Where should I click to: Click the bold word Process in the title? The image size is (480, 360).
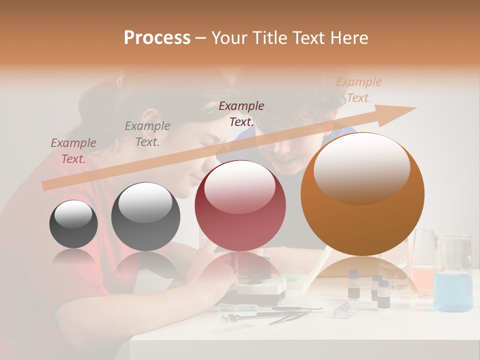[x=157, y=38]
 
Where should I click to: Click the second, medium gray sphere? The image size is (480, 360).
[x=145, y=217]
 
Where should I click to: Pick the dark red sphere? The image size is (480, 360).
[x=240, y=205]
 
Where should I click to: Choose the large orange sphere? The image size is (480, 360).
[x=362, y=194]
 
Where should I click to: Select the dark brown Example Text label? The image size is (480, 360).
[x=241, y=113]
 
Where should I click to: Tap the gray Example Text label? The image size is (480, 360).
[x=147, y=133]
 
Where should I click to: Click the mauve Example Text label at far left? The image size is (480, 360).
[x=73, y=151]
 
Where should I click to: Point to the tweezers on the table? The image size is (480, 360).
[x=290, y=315]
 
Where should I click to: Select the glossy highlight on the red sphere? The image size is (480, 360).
[x=240, y=187]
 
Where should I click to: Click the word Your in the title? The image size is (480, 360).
[x=229, y=38]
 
